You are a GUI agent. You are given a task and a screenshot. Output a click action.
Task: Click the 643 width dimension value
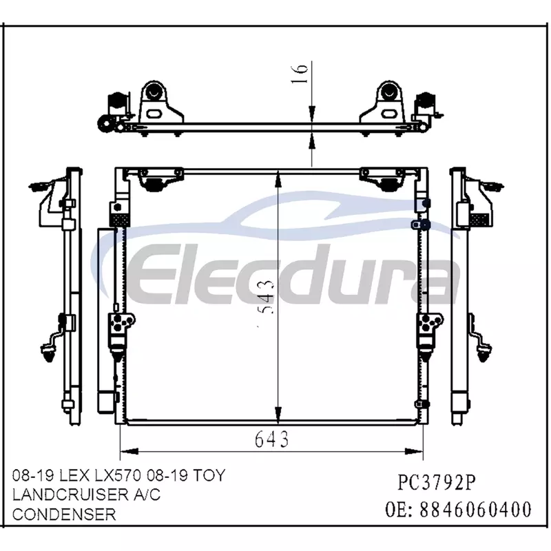(271, 439)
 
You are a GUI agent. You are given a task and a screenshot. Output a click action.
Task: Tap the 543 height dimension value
(267, 296)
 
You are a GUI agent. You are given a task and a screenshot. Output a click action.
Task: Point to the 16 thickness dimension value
(300, 74)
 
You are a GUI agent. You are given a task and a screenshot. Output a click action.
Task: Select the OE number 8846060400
(475, 509)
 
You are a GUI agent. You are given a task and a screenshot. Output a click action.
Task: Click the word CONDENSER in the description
(64, 514)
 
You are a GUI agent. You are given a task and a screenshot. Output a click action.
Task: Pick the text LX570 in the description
(118, 475)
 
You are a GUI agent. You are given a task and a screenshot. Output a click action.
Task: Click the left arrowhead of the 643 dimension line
(129, 451)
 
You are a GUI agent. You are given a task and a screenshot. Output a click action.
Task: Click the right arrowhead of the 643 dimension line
(414, 451)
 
